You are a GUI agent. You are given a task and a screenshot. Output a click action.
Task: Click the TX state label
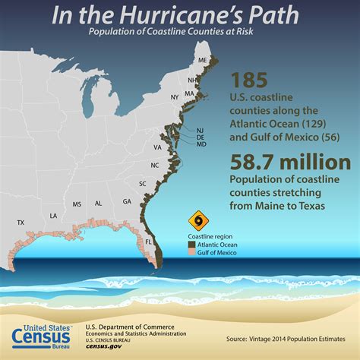pos(21,223)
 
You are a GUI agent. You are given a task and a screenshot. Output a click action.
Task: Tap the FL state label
pos(149,242)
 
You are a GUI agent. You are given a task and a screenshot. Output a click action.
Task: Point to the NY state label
pos(174,97)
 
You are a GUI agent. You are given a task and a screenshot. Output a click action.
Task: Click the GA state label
pos(127,201)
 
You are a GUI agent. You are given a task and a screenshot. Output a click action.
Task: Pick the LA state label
pos(53,216)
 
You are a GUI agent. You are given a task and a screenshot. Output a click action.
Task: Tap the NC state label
pos(154,165)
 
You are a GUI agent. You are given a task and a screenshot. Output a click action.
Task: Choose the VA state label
pos(157,147)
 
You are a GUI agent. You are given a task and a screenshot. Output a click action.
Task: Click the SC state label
pos(142,184)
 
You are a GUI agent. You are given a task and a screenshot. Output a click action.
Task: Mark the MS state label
pos(77,204)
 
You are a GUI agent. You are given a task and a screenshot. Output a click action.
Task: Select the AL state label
pos(99,204)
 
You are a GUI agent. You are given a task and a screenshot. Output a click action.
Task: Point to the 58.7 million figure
pos(289,162)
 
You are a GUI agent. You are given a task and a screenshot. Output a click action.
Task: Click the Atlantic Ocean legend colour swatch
pos(191,244)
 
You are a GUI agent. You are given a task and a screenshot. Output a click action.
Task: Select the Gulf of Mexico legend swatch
pos(191,252)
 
